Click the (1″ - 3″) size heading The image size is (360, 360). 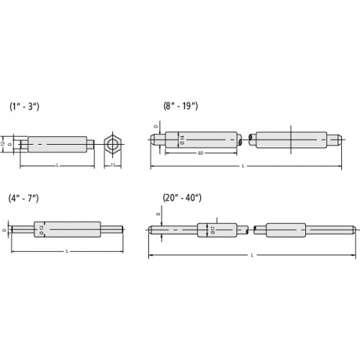[x=26, y=106]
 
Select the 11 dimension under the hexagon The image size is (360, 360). [x=113, y=166]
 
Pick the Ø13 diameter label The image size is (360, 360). [x=42, y=230]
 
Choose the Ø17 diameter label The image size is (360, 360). [x=213, y=230]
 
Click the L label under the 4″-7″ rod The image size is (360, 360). [x=67, y=251]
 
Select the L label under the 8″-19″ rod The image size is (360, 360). [x=243, y=166]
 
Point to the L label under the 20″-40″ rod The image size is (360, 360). [x=251, y=256]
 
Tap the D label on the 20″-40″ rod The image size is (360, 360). [x=158, y=215]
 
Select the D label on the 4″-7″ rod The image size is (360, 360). [x=4, y=230]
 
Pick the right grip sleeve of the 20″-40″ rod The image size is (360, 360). [x=286, y=230]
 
